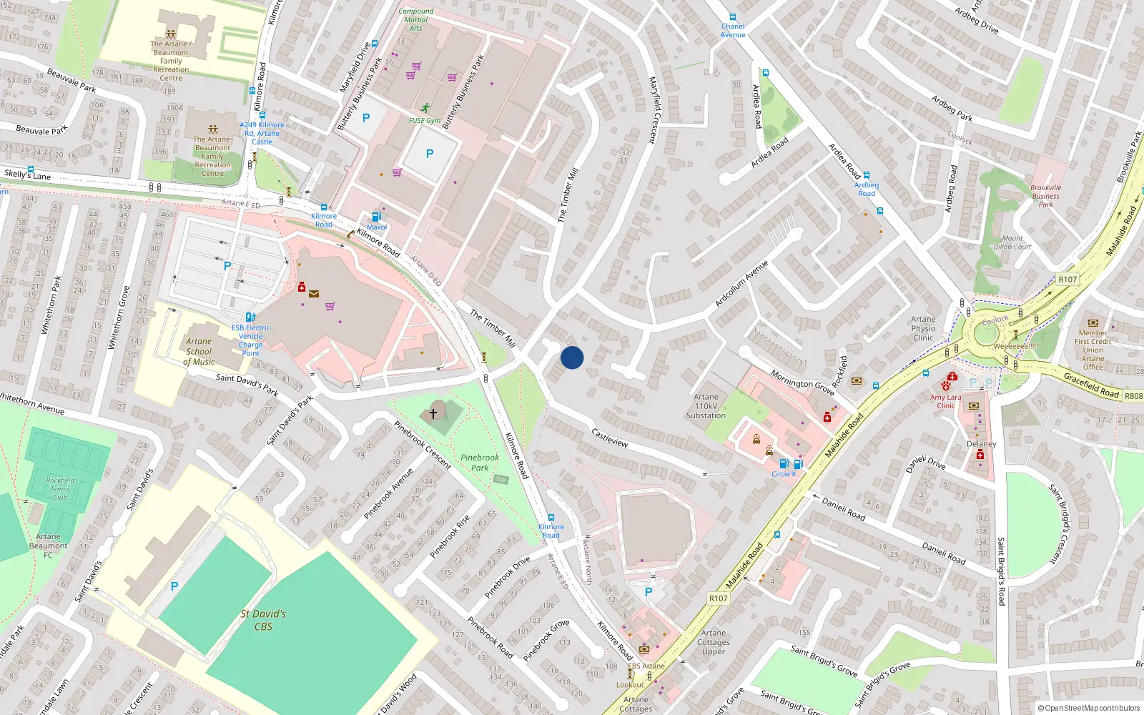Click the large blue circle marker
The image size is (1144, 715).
tap(572, 357)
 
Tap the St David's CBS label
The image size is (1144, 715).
tap(263, 620)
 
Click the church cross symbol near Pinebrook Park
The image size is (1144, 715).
tap(433, 413)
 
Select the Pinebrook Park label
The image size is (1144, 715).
tap(480, 463)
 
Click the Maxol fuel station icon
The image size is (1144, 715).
tap(376, 217)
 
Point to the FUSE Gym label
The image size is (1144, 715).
tap(425, 121)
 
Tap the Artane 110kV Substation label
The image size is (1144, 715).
tap(706, 406)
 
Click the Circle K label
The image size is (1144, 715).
tap(784, 474)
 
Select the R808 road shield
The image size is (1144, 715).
tap(1133, 395)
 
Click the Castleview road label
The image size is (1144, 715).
tap(610, 438)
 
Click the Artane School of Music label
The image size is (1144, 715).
tap(199, 351)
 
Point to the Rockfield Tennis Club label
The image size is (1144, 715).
tap(60, 489)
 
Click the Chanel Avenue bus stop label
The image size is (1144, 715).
tap(733, 31)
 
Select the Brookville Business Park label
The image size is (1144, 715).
tap(1045, 196)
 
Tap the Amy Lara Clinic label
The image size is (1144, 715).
tap(946, 401)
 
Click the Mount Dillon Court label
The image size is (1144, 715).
tap(1012, 242)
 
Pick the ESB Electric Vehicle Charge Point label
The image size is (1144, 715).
tap(251, 340)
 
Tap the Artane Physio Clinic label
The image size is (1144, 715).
tap(923, 329)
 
